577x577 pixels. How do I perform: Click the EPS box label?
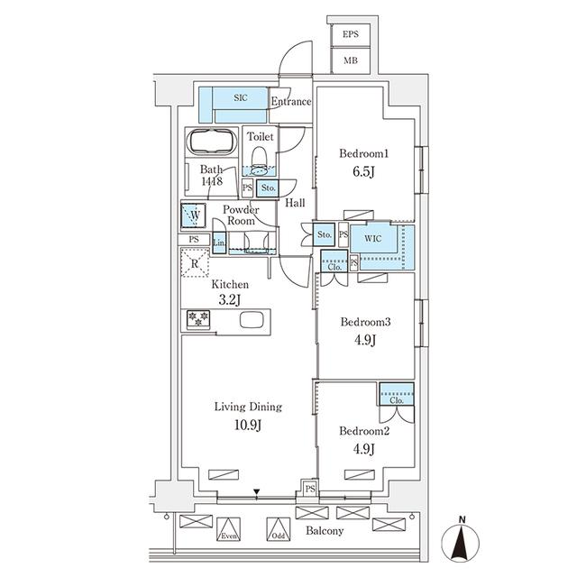(350, 34)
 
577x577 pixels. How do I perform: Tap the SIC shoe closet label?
(241, 97)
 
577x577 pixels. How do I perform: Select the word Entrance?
(290, 102)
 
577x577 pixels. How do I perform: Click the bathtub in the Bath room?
(211, 143)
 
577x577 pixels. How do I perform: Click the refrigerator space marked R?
(196, 262)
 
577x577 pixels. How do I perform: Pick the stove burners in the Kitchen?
(197, 319)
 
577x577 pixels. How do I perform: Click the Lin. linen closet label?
(219, 244)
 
